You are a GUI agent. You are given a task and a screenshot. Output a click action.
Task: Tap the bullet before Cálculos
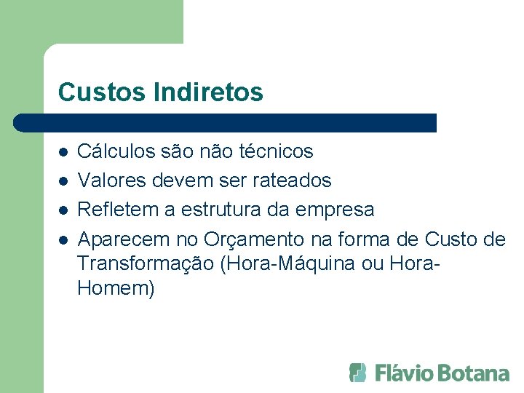63,153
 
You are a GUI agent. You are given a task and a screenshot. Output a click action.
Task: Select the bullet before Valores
63,180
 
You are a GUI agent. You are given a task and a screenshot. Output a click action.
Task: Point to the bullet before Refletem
63,210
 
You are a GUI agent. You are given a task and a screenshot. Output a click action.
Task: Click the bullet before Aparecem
63,239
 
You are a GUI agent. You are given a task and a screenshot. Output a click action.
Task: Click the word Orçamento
254,239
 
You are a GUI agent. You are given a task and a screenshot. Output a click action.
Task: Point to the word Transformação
145,263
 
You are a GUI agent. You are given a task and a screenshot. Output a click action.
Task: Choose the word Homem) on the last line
116,288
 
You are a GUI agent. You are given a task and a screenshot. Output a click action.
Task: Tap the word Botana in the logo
476,373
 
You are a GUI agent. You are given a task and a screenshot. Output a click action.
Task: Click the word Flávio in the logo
405,373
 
